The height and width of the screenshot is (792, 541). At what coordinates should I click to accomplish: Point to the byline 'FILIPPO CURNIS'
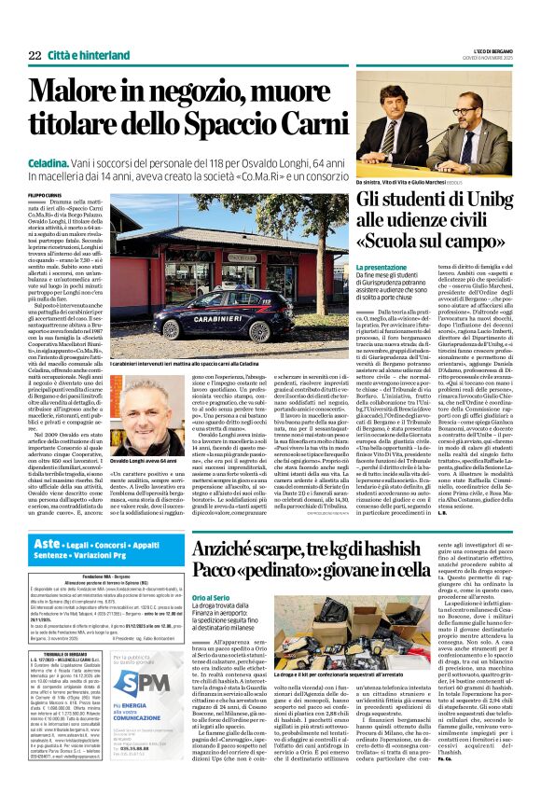pos(46,194)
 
